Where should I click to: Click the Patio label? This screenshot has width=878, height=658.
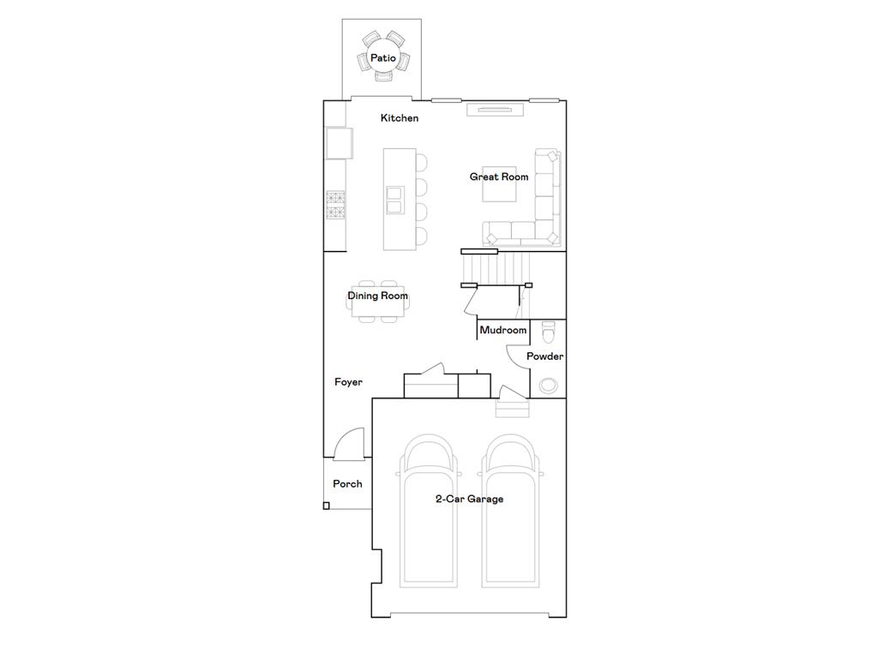[x=382, y=58]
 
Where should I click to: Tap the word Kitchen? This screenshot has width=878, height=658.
[x=400, y=118]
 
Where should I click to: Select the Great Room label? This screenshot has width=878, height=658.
[x=499, y=177]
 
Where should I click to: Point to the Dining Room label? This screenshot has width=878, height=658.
[x=377, y=296]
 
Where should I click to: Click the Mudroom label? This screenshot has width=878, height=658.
[x=503, y=331]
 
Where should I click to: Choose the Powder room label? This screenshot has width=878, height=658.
[x=544, y=356]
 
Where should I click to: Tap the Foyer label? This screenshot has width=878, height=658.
[x=348, y=383]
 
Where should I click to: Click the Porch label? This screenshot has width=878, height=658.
[x=347, y=484]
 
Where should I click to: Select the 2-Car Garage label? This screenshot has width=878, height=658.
[x=468, y=499]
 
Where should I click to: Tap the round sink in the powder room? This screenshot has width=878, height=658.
[x=547, y=386]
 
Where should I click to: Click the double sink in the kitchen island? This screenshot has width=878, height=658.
[x=394, y=199]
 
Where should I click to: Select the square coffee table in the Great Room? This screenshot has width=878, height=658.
[x=499, y=184]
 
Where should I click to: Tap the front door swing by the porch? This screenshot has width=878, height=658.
[x=351, y=442]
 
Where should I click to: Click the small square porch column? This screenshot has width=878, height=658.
[x=327, y=506]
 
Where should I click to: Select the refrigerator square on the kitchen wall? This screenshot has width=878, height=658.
[x=338, y=143]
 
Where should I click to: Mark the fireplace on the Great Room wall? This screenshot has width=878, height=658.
[x=494, y=108]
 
